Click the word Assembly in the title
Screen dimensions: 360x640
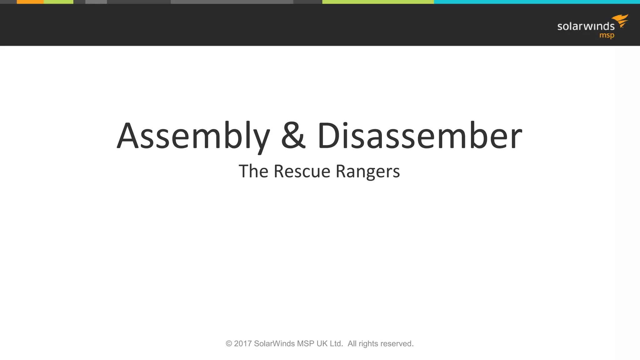click(193, 136)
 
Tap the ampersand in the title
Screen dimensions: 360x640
click(293, 136)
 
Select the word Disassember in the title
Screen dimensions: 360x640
click(419, 136)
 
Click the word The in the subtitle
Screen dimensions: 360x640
click(253, 171)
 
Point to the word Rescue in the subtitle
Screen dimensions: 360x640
click(302, 171)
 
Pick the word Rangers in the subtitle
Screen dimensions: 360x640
click(367, 172)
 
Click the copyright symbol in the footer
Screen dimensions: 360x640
click(229, 344)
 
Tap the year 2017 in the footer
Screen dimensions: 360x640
click(243, 344)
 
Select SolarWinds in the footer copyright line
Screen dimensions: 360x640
click(274, 344)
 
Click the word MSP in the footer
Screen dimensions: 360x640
click(305, 344)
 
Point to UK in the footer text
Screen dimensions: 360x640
click(322, 344)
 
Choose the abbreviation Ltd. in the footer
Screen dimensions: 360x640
click(336, 344)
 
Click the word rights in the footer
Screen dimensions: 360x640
click(368, 344)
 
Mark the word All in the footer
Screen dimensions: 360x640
click(352, 344)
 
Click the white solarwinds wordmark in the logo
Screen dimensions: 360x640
click(586, 26)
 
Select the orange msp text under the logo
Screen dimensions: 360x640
click(607, 36)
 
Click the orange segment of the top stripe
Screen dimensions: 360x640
click(30, 2)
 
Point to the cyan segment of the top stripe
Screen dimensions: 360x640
click(537, 2)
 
